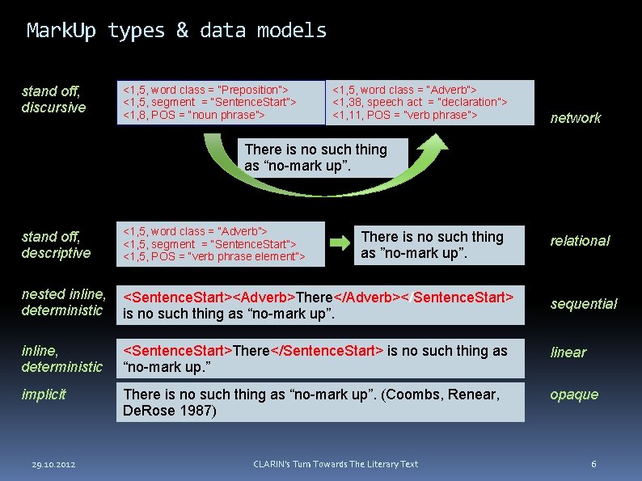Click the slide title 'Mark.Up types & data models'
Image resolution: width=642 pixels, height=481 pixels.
(176, 31)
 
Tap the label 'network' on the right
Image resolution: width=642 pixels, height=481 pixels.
(575, 118)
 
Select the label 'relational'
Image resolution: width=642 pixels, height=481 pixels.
(580, 241)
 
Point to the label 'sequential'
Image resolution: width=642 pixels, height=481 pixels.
(583, 304)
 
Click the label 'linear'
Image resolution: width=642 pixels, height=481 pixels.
(568, 352)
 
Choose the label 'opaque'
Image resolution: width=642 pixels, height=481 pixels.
(574, 395)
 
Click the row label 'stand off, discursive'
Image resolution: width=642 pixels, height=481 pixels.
(53, 99)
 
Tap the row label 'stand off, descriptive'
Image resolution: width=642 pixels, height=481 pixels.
(56, 245)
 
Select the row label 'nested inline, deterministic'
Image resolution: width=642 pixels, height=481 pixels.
(63, 302)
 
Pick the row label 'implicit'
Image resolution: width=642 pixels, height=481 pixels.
(44, 395)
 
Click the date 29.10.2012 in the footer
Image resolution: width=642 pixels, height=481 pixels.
(53, 464)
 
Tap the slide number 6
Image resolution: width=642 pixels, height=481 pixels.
(593, 464)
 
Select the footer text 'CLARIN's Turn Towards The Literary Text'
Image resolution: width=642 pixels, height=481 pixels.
(336, 464)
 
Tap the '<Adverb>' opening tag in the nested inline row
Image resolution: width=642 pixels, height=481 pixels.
(265, 297)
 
